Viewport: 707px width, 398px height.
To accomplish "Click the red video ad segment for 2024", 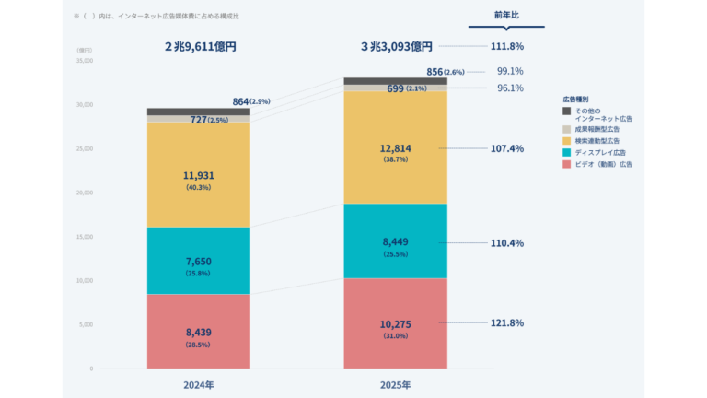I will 198,332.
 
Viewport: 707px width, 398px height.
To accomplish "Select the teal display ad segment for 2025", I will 395,241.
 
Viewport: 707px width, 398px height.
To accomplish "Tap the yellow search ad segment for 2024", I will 198,175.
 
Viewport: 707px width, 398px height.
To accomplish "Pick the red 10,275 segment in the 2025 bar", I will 395,323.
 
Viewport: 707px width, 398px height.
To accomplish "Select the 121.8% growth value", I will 504,322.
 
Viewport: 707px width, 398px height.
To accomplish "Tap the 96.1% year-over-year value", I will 510,88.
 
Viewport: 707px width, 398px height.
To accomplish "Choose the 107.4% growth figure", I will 504,147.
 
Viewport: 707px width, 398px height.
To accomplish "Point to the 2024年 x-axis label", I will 198,382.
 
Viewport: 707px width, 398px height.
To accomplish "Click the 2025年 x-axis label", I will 395,382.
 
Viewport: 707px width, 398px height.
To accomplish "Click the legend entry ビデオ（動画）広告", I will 603,163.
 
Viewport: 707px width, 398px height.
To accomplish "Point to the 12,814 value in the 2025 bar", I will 395,148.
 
